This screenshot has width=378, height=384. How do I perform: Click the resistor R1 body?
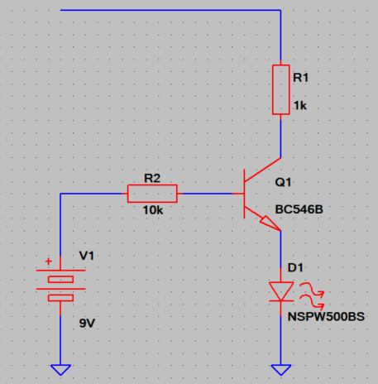coord(280,89)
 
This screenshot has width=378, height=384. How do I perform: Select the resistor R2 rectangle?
coord(152,194)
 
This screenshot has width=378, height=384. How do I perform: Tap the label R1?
coord(300,78)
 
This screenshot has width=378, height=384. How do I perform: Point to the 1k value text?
coord(300,105)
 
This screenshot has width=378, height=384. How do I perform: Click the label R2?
coord(152,178)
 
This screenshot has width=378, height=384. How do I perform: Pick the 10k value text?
coord(153,210)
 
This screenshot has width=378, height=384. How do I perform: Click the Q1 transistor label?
coord(283,182)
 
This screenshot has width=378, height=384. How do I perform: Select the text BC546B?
coord(299,209)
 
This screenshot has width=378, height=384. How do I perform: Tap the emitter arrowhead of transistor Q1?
coord(270,223)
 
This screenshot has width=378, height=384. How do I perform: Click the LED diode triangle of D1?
coord(281,291)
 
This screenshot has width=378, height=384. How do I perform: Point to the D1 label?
coord(295,267)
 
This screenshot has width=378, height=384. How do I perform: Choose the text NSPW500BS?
coord(326,317)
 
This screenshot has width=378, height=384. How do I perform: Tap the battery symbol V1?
coord(60,289)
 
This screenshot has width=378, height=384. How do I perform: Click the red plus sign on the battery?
coord(49,262)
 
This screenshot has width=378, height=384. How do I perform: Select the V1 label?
coord(87,256)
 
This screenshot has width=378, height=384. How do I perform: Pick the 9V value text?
coord(87,323)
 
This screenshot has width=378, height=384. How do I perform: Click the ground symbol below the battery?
coord(60,370)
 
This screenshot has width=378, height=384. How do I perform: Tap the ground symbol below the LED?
coord(281,370)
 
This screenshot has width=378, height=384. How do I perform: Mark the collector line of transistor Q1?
coord(262,170)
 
